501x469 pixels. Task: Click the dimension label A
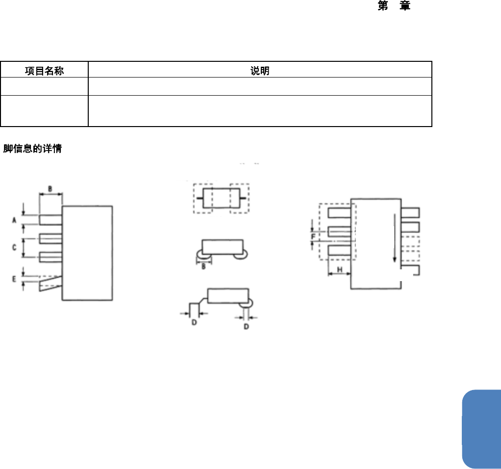[x=15, y=220]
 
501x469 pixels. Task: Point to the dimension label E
[x=15, y=279]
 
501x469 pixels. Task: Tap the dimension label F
[x=313, y=236]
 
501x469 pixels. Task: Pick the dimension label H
[x=339, y=270]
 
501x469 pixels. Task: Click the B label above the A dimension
[x=50, y=188]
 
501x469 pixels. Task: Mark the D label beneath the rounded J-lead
[x=246, y=326]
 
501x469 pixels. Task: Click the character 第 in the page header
[x=383, y=6]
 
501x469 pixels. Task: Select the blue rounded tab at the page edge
[x=481, y=428]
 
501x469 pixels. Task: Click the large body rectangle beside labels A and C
[x=87, y=252]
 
